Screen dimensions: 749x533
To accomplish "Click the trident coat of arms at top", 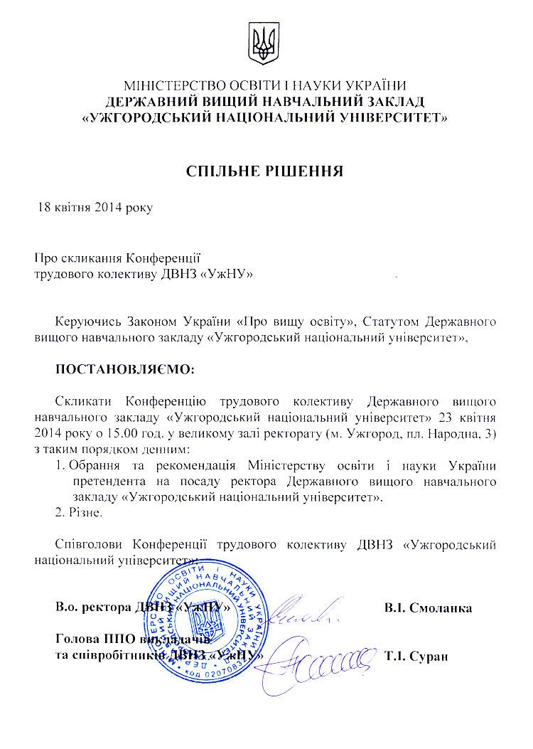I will click(x=266, y=43).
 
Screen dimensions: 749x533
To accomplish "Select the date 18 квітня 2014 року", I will click(x=95, y=208).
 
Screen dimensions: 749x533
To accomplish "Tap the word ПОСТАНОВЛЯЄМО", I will click(x=124, y=371).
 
